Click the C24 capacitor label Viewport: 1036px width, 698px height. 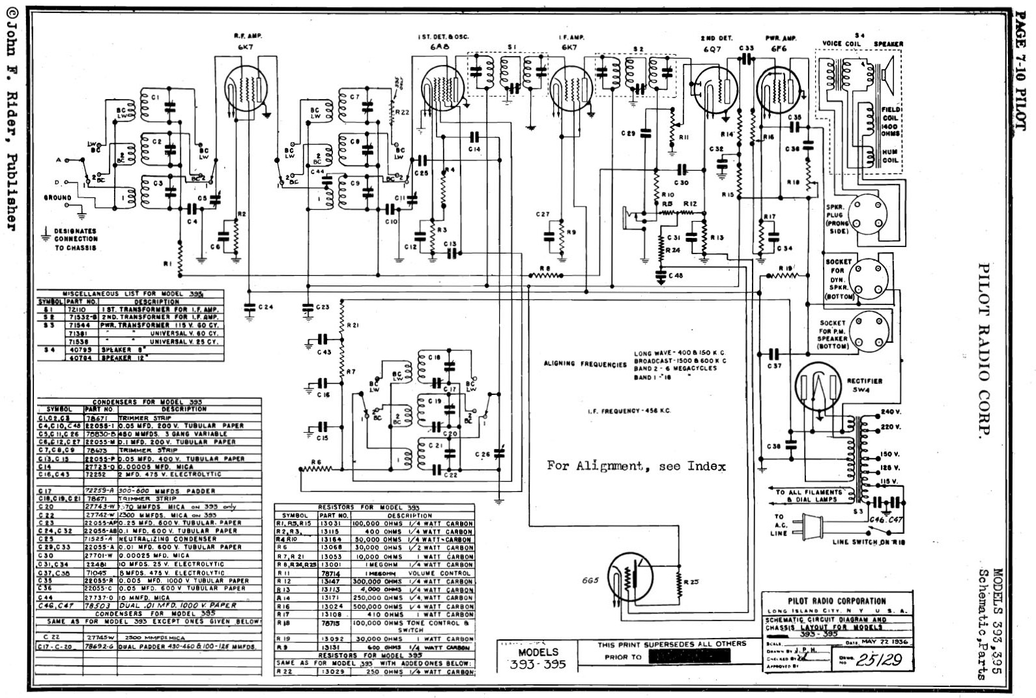pyautogui.click(x=265, y=306)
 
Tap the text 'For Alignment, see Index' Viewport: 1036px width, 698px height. pyautogui.click(x=635, y=466)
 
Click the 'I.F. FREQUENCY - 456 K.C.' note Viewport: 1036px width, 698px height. pyautogui.click(x=629, y=411)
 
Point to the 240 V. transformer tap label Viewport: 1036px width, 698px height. pyautogui.click(x=890, y=412)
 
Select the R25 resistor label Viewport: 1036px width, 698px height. pyautogui.click(x=691, y=581)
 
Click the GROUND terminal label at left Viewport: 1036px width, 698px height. pyautogui.click(x=58, y=197)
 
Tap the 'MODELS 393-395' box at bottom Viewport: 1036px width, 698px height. pyautogui.click(x=538, y=658)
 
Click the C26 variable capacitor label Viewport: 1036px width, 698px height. pyautogui.click(x=482, y=454)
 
